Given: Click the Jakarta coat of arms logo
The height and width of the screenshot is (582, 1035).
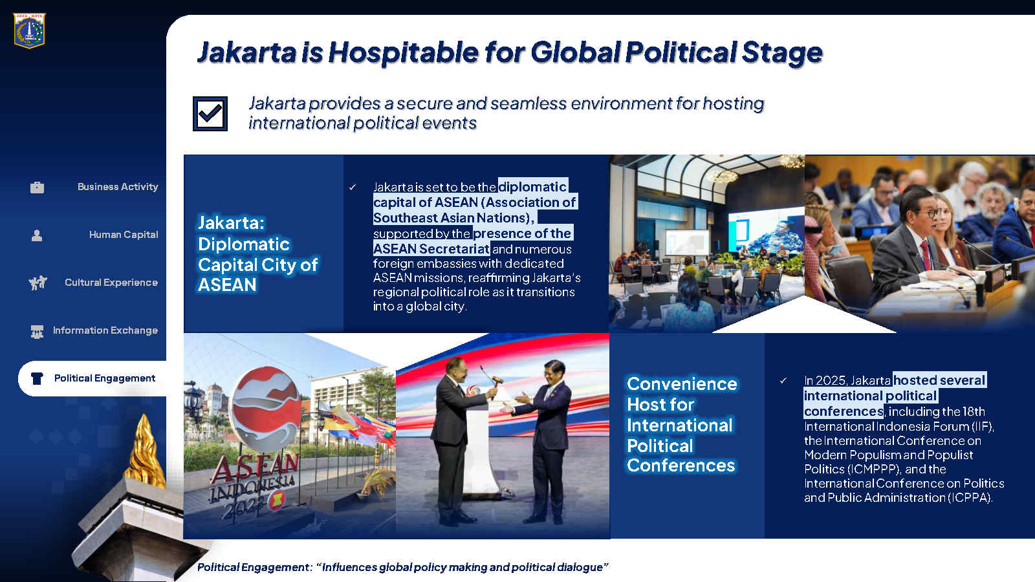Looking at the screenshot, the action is pos(30,30).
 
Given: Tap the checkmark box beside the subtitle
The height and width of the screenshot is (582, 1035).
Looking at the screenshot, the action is pos(210,114).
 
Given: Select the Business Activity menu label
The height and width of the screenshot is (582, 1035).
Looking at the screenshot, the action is pos(118,187).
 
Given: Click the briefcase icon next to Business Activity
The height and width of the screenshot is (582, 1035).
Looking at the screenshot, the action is pos(37,187).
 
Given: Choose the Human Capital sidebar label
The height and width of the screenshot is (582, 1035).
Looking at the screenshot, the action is pos(124,235).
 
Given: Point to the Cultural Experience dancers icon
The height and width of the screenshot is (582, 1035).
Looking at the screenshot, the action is pos(38,282).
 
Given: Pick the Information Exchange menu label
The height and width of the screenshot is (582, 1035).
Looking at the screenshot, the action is pos(105,330).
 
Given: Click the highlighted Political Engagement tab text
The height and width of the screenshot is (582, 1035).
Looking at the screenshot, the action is pos(104,378).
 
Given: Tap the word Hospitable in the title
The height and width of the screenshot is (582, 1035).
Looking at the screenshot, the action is pos(404,52).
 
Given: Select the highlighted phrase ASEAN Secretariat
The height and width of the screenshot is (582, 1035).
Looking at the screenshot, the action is pos(431,249).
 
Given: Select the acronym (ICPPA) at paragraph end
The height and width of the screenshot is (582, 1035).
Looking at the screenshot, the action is pos(970,498).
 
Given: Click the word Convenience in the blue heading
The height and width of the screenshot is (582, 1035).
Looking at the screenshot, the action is pos(682,384).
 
